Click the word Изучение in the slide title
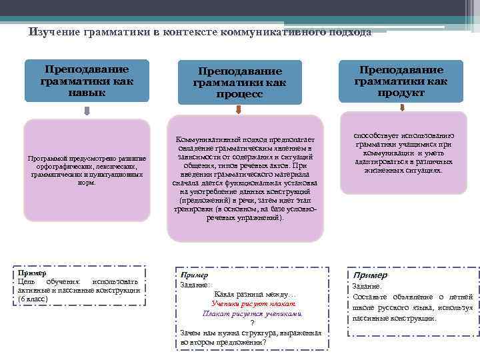55,32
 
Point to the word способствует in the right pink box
376,135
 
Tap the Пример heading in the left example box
31,273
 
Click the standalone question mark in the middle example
252,323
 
